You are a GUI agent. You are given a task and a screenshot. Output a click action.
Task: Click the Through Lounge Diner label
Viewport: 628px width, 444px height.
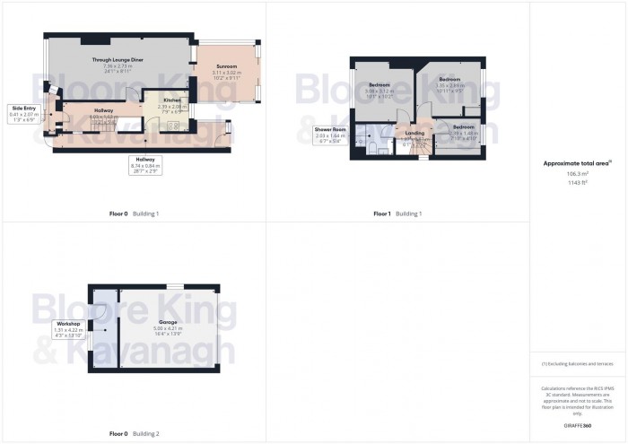pyautogui.click(x=118, y=58)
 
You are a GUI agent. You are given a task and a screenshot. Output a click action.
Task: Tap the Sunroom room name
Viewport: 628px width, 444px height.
pyautogui.click(x=225, y=66)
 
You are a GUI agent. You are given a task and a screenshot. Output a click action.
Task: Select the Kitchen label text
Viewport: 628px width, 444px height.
pyautogui.click(x=173, y=101)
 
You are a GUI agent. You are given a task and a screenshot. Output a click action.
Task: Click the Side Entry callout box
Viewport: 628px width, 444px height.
pyautogui.click(x=25, y=110)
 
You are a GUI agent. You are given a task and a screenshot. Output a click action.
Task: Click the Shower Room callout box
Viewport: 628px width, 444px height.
pyautogui.click(x=329, y=135)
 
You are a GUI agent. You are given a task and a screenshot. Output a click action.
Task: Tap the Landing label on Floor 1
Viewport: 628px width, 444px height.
pyautogui.click(x=414, y=133)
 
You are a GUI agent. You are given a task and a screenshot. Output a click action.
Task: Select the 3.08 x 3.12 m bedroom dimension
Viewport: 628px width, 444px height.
pyautogui.click(x=380, y=91)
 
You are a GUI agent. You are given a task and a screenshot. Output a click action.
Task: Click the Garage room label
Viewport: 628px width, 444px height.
pyautogui.click(x=168, y=321)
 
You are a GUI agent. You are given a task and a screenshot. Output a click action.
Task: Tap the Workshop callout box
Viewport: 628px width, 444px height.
pyautogui.click(x=68, y=327)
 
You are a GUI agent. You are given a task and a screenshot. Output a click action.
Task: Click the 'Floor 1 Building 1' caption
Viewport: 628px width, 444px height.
pyautogui.click(x=397, y=213)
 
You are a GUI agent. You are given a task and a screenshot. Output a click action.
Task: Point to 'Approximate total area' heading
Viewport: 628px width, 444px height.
pyautogui.click(x=577, y=163)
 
